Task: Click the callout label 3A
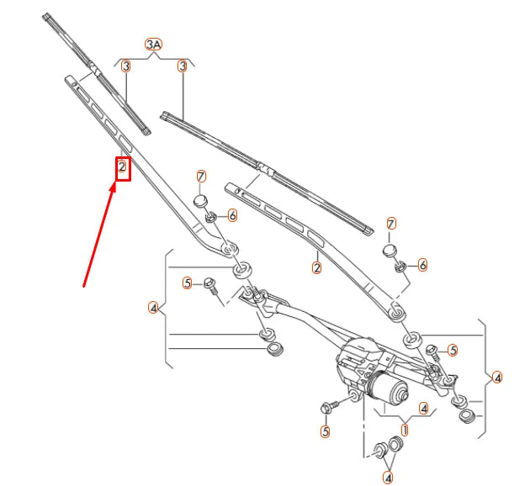click(x=153, y=43)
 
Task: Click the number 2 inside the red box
click(x=122, y=168)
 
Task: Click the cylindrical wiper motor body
click(x=389, y=388)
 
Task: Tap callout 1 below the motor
click(x=405, y=429)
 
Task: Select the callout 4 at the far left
click(x=153, y=309)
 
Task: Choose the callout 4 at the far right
click(x=497, y=378)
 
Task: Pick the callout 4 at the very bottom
click(x=388, y=477)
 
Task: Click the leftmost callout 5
click(x=188, y=283)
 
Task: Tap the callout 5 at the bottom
click(x=326, y=431)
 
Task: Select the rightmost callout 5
click(x=452, y=350)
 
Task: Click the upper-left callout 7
click(x=201, y=176)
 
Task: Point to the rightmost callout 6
click(x=422, y=265)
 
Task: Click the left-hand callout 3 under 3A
click(x=125, y=66)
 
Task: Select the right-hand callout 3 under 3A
click(x=182, y=66)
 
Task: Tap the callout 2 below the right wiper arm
click(x=317, y=268)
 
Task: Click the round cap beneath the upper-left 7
click(x=201, y=200)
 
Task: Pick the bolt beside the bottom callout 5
click(x=329, y=407)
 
